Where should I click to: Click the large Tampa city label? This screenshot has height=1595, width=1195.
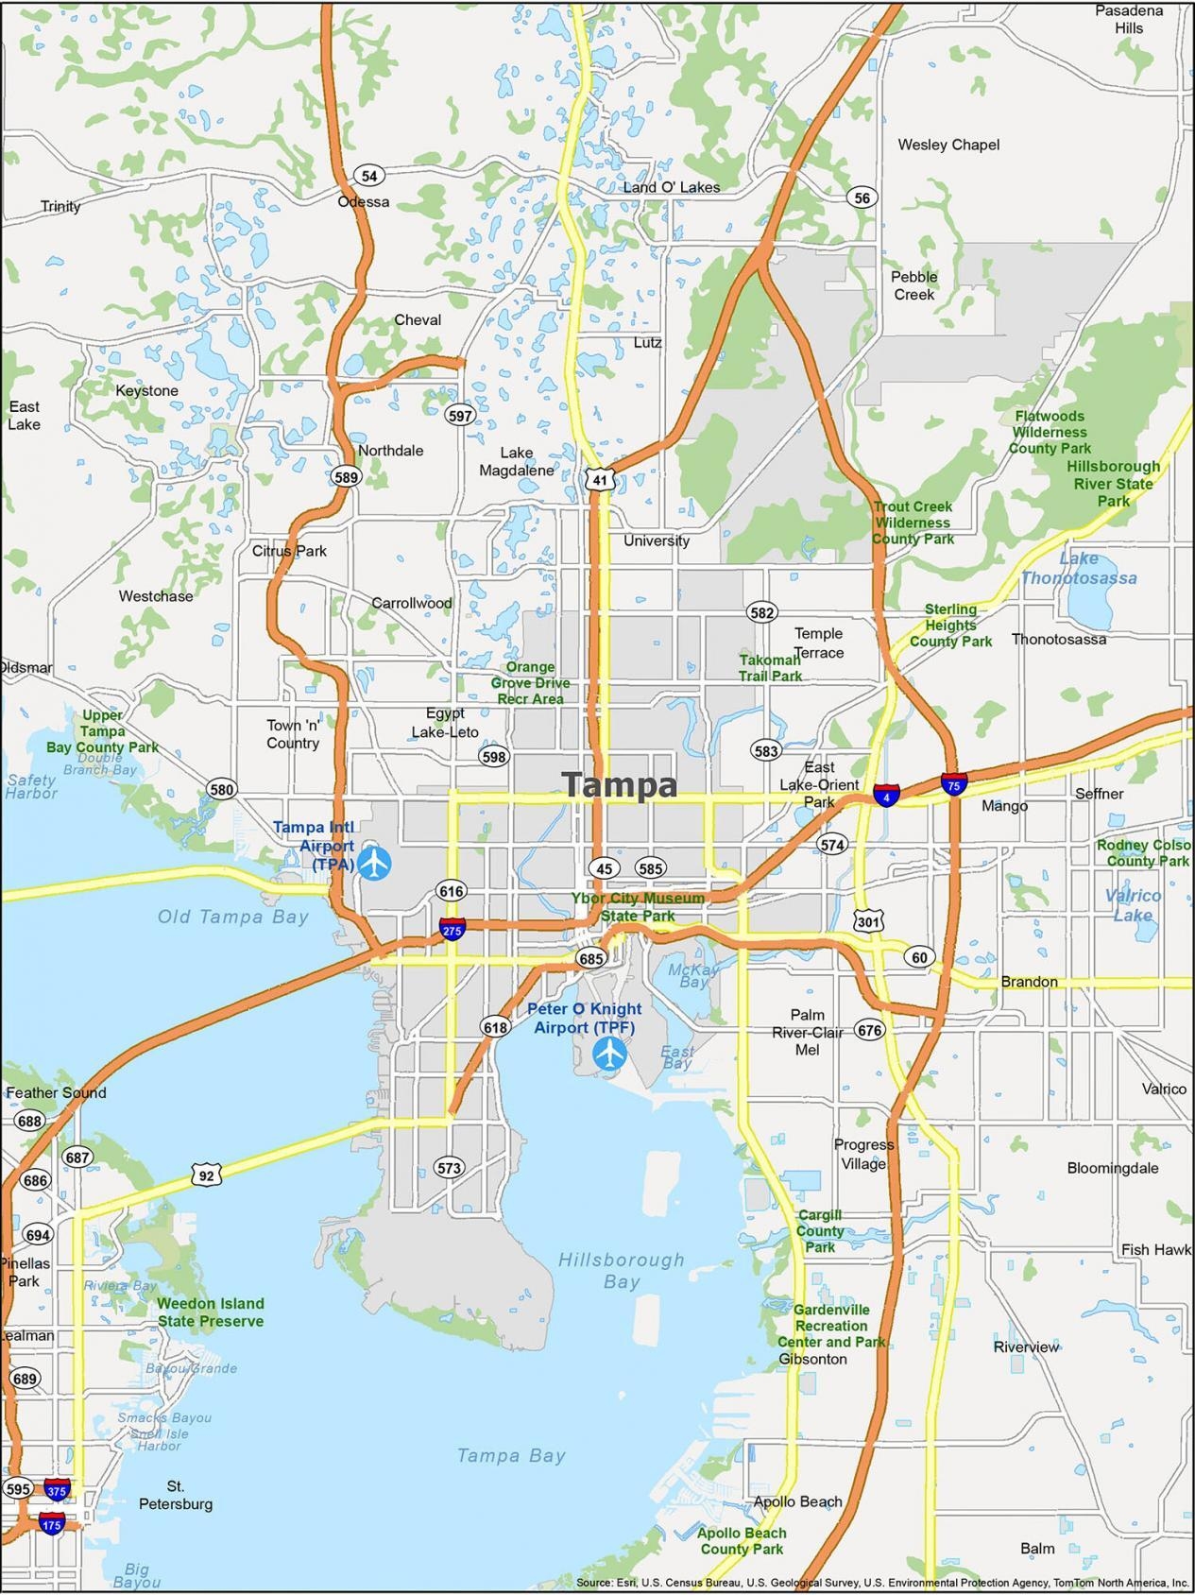(620, 785)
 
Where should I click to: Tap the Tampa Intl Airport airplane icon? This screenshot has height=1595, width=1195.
(375, 862)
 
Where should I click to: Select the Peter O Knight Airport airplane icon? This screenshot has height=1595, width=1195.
(610, 1052)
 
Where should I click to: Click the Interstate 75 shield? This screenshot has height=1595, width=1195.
(953, 784)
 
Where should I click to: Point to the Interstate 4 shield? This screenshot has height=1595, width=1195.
(885, 796)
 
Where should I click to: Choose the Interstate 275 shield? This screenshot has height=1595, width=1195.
(452, 930)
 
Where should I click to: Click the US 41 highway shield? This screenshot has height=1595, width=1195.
(600, 479)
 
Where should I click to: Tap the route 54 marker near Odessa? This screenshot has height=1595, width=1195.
(369, 176)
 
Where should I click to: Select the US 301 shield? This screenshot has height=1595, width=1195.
(868, 919)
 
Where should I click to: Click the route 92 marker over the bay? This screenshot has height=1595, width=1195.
(207, 1175)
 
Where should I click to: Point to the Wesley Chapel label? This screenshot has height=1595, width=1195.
(947, 145)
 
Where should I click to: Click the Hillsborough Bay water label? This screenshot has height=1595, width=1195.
(621, 1270)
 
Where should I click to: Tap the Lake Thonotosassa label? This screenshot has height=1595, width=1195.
(1078, 568)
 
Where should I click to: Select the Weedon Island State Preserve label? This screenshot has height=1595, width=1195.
(210, 1312)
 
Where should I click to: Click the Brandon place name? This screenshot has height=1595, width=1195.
(1029, 982)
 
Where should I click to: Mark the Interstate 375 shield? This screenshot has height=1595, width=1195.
(56, 1489)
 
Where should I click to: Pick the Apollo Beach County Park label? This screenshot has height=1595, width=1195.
(742, 1540)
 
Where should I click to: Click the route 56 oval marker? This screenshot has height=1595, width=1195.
(862, 197)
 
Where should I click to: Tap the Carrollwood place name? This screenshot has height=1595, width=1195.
(411, 603)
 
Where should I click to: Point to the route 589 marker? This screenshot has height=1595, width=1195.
(346, 477)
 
